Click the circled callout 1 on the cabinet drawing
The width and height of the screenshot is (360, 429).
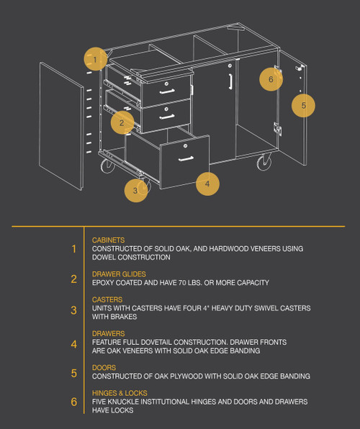click(94, 58)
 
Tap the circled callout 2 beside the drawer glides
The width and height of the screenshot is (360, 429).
click(122, 122)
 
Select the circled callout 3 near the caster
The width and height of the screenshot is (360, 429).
click(135, 191)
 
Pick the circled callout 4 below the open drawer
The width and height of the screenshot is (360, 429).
click(207, 184)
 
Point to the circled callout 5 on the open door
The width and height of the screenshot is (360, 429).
click(303, 105)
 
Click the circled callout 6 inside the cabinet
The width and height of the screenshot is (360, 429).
click(271, 79)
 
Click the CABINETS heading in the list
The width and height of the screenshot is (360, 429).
click(108, 240)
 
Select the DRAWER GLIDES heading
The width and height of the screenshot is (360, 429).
click(119, 274)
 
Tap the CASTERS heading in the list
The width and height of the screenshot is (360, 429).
click(107, 299)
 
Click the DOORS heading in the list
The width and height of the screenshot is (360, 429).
click(104, 368)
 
